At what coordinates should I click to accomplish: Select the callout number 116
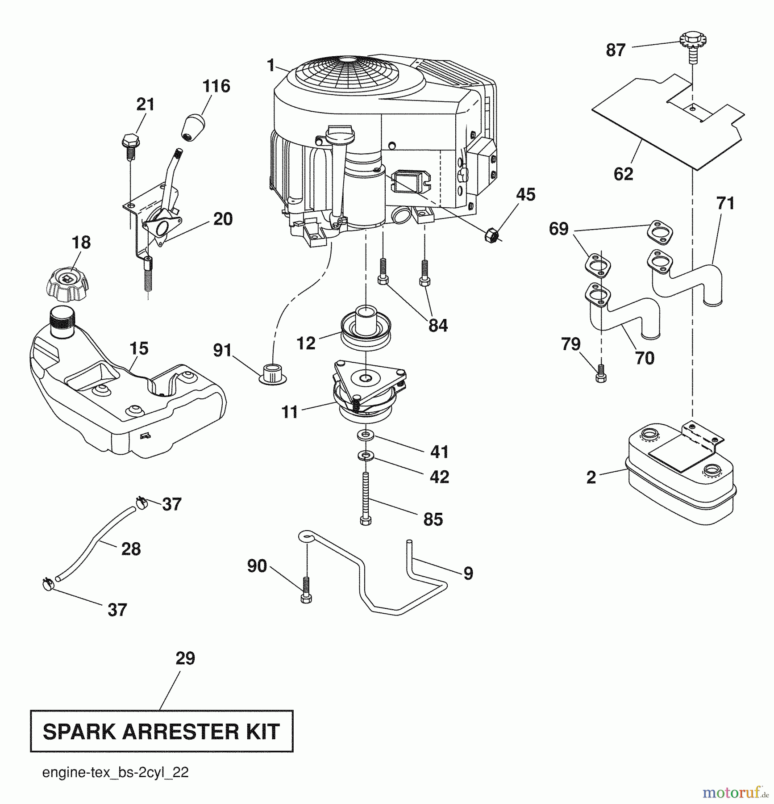click(216, 86)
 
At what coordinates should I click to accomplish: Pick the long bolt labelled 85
click(366, 499)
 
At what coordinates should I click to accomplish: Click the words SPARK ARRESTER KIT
click(161, 731)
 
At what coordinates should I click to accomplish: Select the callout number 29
click(185, 658)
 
